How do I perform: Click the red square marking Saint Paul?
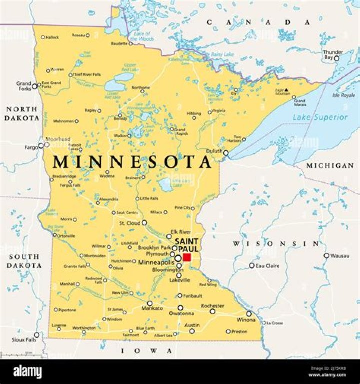187,257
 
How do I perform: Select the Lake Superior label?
320,117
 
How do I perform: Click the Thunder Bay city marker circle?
336,58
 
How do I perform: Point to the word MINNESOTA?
132,162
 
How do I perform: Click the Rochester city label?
212,305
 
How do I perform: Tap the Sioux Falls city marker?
36,335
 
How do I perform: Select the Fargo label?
31,147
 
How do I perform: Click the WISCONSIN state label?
275,244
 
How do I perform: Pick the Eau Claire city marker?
252,266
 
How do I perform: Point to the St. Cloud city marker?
144,223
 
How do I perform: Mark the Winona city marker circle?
249,314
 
